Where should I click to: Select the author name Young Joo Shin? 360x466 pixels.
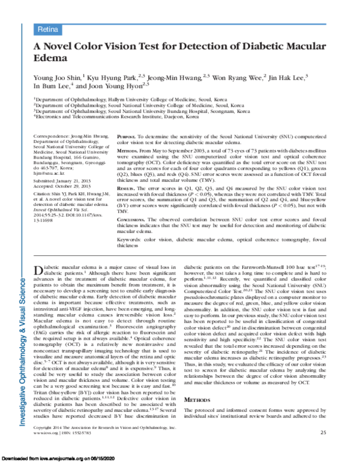click(x=58, y=77)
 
